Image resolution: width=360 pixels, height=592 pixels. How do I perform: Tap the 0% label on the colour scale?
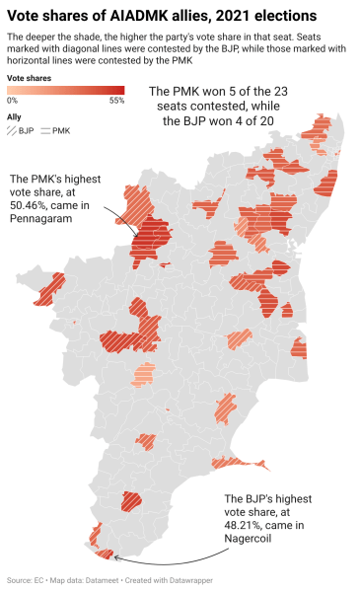(x=12, y=100)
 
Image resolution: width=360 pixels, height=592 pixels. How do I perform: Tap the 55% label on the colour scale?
(x=115, y=100)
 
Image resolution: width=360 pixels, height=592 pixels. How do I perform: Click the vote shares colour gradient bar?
(x=65, y=89)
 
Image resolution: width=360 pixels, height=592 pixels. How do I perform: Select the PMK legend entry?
(x=55, y=130)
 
